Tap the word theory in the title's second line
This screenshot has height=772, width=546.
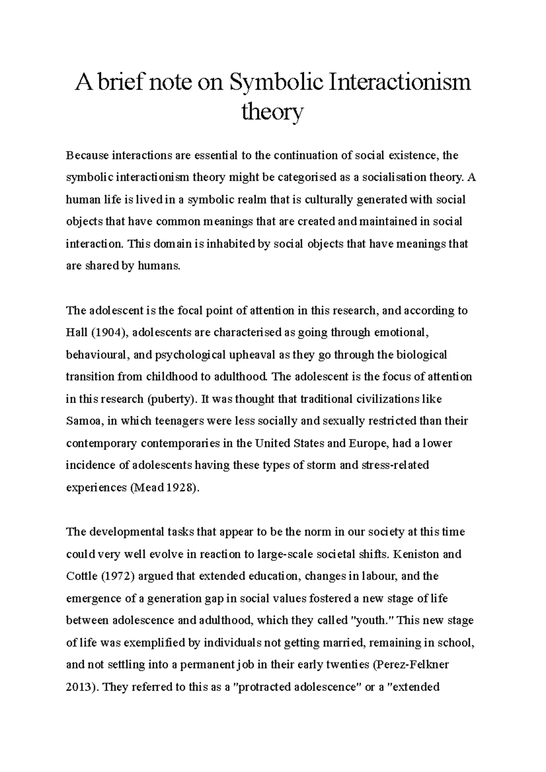pos(272,111)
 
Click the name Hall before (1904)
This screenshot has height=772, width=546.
pos(76,333)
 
